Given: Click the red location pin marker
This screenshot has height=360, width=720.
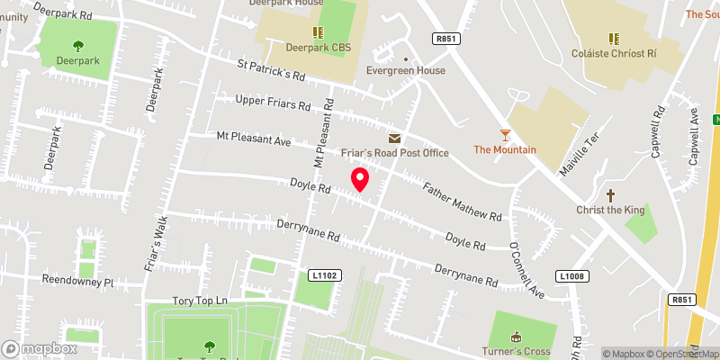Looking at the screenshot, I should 359,179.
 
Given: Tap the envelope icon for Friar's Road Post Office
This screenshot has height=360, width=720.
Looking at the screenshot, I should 394,138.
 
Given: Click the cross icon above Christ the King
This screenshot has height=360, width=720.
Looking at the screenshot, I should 611,194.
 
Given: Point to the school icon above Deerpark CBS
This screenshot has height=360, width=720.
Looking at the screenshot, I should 317,32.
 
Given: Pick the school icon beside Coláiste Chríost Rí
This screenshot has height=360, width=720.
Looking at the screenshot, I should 614,38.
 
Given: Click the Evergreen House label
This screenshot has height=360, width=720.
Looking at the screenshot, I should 405,70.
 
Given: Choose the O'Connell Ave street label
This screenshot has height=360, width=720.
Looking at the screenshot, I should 526,269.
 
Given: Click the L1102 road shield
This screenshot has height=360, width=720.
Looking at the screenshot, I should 326,274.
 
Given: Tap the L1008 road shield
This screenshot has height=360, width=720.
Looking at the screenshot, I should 571,276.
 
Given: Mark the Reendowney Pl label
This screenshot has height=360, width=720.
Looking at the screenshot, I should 78,282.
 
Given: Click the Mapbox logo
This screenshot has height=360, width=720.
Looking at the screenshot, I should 39,348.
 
